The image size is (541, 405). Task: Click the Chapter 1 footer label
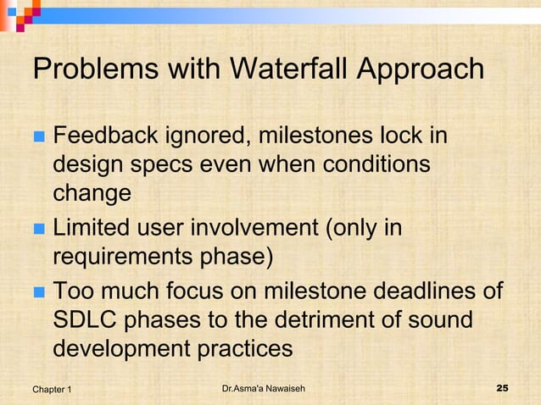click(52, 389)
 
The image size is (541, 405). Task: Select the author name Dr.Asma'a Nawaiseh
click(263, 389)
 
